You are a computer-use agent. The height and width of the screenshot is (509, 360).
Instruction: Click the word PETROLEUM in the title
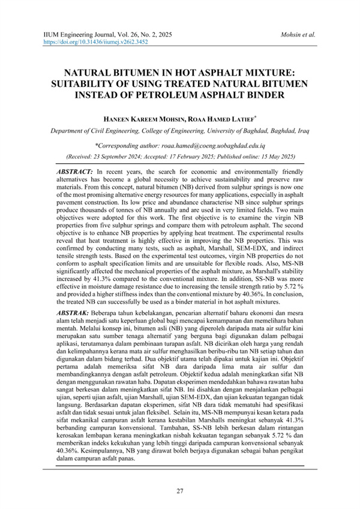[x=210, y=94]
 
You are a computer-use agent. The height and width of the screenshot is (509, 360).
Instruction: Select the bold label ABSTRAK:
[x=69, y=313]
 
